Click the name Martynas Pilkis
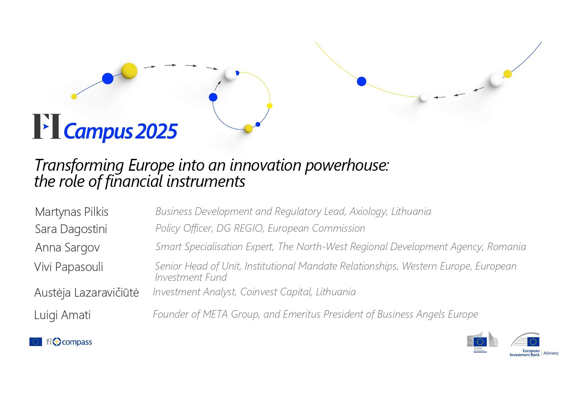(x=71, y=212)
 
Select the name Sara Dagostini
(x=71, y=229)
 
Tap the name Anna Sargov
(x=67, y=248)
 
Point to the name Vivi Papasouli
(x=69, y=267)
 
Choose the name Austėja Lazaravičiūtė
(x=87, y=293)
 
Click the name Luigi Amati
(x=62, y=315)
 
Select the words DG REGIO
(x=239, y=228)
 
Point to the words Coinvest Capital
(x=276, y=292)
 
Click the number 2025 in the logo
(x=156, y=131)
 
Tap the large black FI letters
(x=46, y=126)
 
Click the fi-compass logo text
(x=69, y=342)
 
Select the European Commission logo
(x=482, y=342)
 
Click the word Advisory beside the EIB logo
(x=551, y=353)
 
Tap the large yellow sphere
(x=129, y=71)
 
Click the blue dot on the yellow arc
(x=362, y=81)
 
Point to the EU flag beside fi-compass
(x=36, y=342)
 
